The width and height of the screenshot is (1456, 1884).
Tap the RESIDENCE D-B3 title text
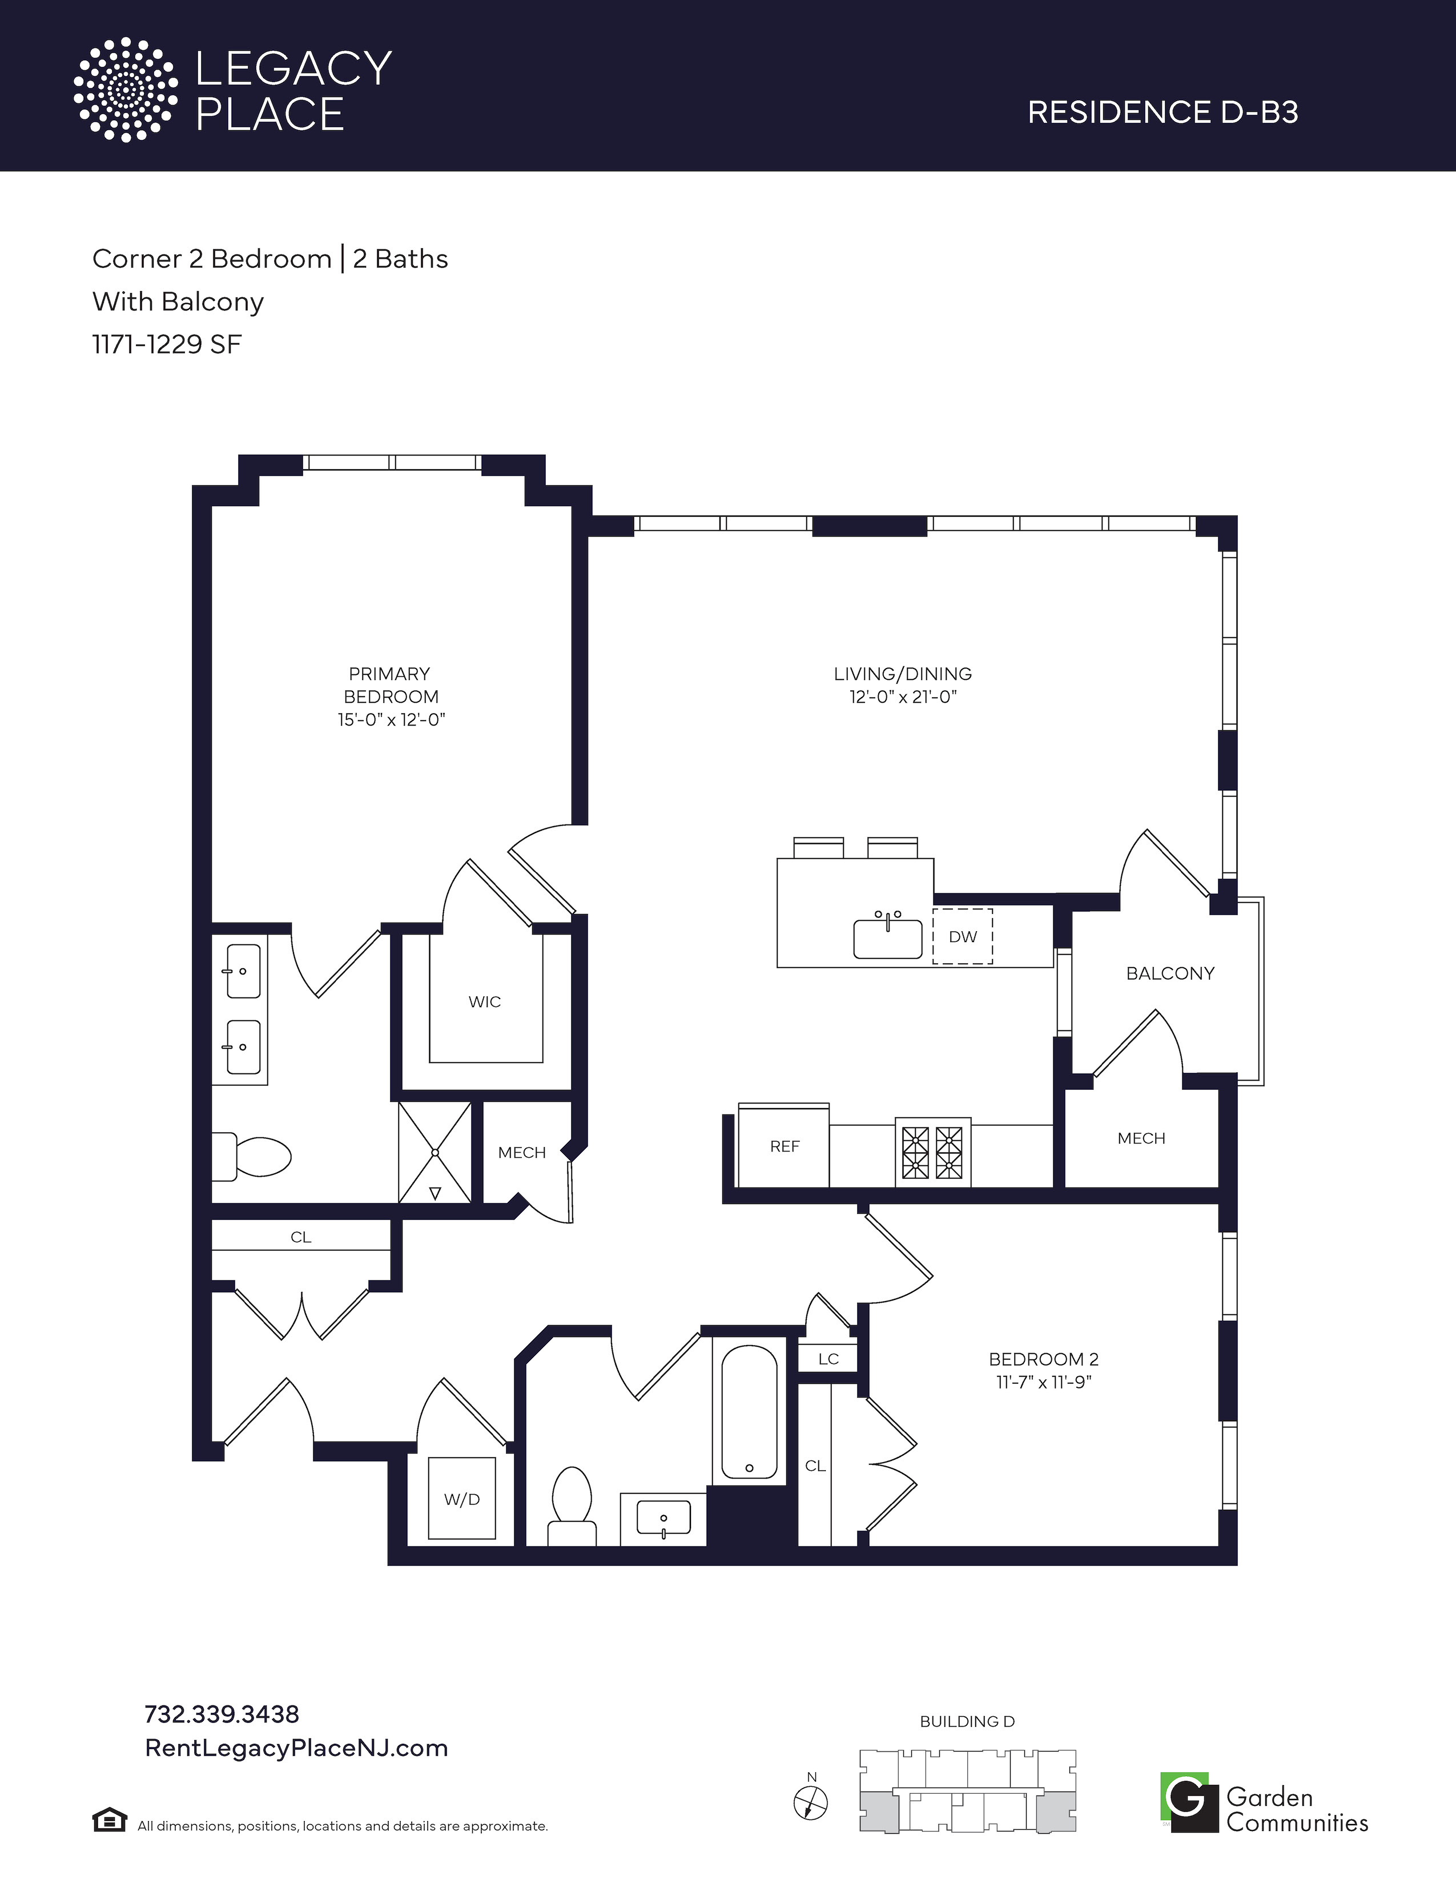tap(1163, 112)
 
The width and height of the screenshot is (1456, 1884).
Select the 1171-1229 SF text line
tap(167, 344)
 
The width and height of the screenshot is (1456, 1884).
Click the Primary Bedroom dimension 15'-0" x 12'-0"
tap(391, 719)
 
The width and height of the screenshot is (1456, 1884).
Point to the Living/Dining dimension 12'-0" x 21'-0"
tap(903, 697)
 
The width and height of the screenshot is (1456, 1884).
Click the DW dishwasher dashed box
tap(963, 936)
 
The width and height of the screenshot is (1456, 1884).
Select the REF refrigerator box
tap(784, 1146)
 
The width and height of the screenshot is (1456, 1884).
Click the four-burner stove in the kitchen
tap(932, 1153)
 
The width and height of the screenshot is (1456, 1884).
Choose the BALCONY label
tap(1169, 973)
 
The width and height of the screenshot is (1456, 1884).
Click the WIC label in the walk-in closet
tap(485, 1001)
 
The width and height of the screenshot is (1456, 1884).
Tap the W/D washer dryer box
tap(462, 1499)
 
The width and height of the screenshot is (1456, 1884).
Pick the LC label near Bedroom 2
tap(828, 1359)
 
